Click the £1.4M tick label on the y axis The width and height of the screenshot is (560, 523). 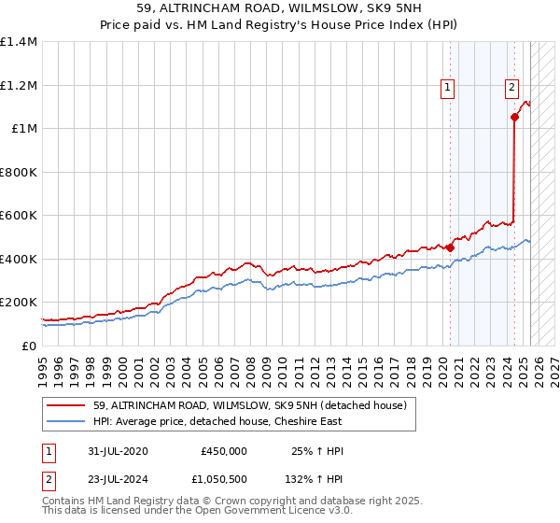[x=19, y=42]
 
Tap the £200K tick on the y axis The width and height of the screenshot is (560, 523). [x=19, y=303]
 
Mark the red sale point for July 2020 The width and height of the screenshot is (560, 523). [x=450, y=248]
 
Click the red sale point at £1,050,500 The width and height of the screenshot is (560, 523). [x=514, y=118]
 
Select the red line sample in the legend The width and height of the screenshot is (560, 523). [x=66, y=405]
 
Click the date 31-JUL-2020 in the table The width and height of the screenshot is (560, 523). [x=115, y=451]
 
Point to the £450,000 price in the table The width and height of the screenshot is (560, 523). [x=224, y=451]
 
